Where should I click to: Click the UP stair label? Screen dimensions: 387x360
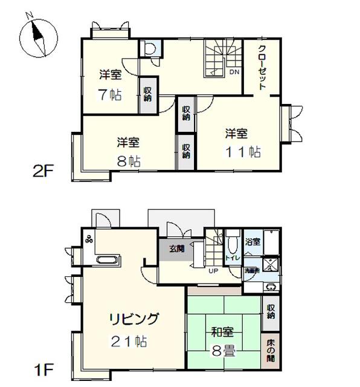point(213,270)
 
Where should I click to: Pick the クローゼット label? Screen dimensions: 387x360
point(263,68)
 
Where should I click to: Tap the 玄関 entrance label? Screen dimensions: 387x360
point(176,248)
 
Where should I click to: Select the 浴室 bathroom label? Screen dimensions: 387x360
point(252,242)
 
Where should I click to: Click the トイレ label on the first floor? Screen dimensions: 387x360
point(233,258)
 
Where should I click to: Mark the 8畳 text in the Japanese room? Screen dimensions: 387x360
point(224,351)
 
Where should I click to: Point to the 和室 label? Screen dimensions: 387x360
point(223,332)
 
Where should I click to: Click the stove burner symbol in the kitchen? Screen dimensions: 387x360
point(90,239)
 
